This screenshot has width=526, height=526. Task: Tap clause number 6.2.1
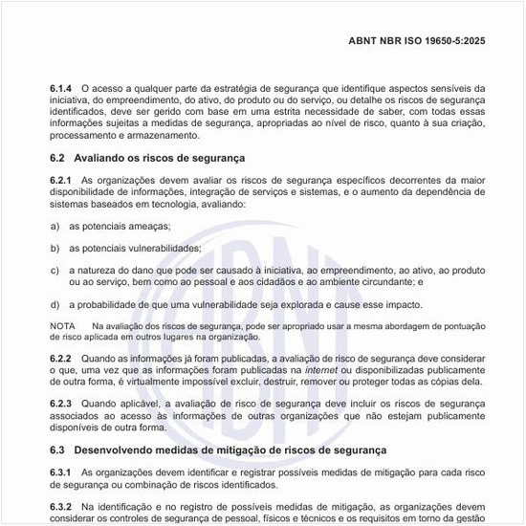point(61,180)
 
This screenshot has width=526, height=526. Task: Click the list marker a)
point(55,226)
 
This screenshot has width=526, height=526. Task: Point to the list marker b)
point(55,248)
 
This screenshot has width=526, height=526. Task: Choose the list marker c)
point(55,270)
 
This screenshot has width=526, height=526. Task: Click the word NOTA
point(62,326)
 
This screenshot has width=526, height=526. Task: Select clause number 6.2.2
point(61,358)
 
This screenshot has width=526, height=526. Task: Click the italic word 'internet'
point(320,369)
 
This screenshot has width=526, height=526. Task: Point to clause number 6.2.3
point(61,404)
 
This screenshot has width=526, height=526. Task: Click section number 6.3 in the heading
point(56,449)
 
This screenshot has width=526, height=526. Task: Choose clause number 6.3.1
point(61,472)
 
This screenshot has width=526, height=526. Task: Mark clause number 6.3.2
point(61,506)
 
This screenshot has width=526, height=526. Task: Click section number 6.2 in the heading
point(56,158)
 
